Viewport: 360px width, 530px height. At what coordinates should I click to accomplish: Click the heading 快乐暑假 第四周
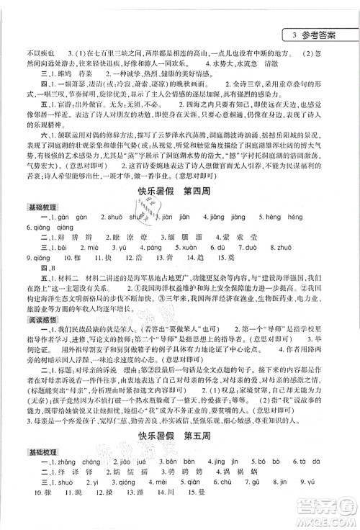click(x=180, y=193)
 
